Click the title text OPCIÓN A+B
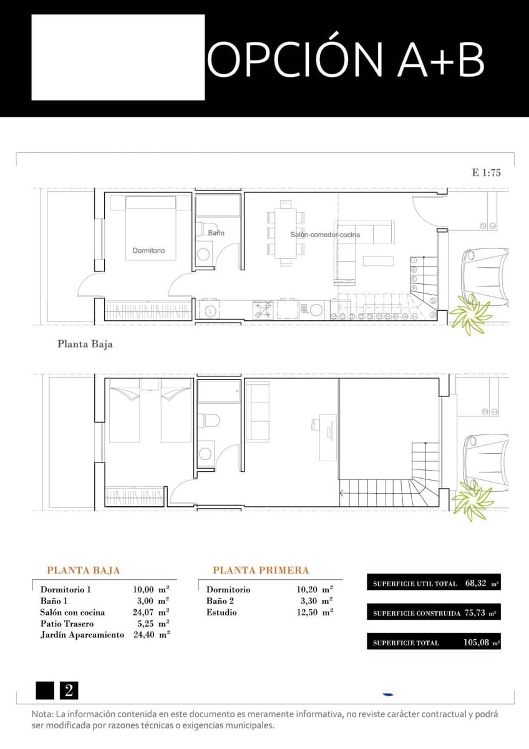pos(346,60)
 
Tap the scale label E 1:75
pos(487,173)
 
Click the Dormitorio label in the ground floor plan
pos(148,250)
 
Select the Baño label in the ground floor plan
pos(216,233)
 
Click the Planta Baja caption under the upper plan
pos(85,344)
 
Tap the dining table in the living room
pos(286,233)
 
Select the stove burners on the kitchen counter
pos(263,310)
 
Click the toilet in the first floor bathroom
pos(208,421)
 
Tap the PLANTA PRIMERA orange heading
pos(261,570)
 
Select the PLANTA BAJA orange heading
pos(84,570)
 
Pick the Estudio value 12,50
pos(309,612)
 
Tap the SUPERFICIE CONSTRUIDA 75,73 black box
pos(434,613)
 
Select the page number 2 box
pos(69,690)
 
